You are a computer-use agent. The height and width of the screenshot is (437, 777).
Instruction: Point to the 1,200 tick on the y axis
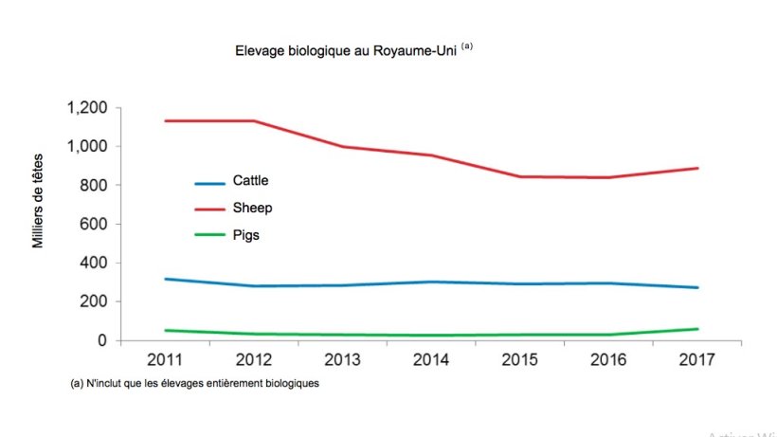pos(88,108)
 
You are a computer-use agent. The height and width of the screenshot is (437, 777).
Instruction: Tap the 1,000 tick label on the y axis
pos(88,147)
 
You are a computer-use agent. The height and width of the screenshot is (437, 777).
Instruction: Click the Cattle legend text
pos(251,181)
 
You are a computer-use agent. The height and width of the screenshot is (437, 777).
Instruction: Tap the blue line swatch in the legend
pos(209,182)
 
